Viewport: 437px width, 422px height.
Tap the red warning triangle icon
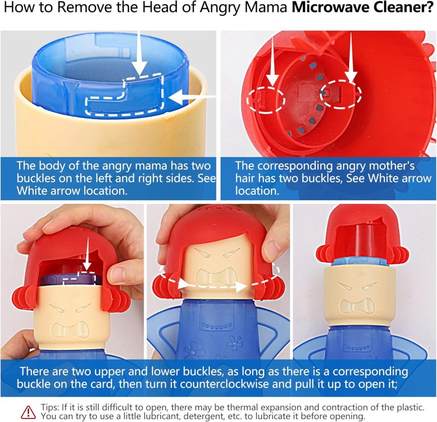pyautogui.click(x=29, y=412)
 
